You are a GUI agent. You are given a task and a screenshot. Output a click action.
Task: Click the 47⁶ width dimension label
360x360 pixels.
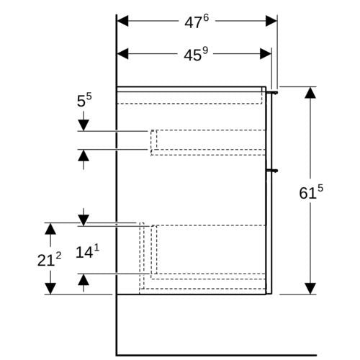point(197,22)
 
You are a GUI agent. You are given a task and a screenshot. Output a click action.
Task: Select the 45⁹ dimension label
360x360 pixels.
point(196,55)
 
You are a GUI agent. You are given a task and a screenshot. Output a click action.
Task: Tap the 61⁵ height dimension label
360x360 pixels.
point(311,192)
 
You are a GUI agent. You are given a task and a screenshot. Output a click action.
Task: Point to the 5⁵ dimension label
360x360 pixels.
point(84,100)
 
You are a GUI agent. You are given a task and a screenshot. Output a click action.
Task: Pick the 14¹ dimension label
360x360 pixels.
point(87,252)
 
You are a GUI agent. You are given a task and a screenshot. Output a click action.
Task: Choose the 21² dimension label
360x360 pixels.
point(49,259)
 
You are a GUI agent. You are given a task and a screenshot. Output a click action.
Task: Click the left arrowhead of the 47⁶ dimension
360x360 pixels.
point(122,21)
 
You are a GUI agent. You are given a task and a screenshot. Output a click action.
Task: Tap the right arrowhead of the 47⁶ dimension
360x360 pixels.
point(271,21)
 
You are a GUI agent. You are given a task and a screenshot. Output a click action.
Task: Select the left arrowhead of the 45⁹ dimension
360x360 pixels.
point(122,54)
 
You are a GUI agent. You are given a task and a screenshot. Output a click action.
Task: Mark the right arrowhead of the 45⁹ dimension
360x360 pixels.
point(266,54)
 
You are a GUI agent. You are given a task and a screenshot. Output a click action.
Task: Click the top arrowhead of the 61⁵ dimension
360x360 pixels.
point(310,93)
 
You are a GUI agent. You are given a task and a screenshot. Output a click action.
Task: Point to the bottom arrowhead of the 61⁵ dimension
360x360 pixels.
point(310,289)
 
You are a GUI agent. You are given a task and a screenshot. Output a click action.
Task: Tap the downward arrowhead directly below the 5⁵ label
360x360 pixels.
point(84,125)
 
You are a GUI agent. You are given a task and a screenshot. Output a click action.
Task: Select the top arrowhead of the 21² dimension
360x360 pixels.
point(50,229)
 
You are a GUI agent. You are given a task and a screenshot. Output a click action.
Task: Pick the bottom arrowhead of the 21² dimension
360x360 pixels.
point(50,289)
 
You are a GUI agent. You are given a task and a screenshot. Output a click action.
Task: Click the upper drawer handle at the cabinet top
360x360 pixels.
point(273,92)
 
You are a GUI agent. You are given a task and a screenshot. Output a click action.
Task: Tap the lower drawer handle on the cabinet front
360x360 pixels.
point(273,171)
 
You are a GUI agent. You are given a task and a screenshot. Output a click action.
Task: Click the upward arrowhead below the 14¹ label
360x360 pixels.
point(84,280)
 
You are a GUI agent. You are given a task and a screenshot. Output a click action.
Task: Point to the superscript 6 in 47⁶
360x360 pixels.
point(206,18)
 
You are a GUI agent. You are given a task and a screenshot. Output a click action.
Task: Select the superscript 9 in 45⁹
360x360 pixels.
point(205,51)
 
